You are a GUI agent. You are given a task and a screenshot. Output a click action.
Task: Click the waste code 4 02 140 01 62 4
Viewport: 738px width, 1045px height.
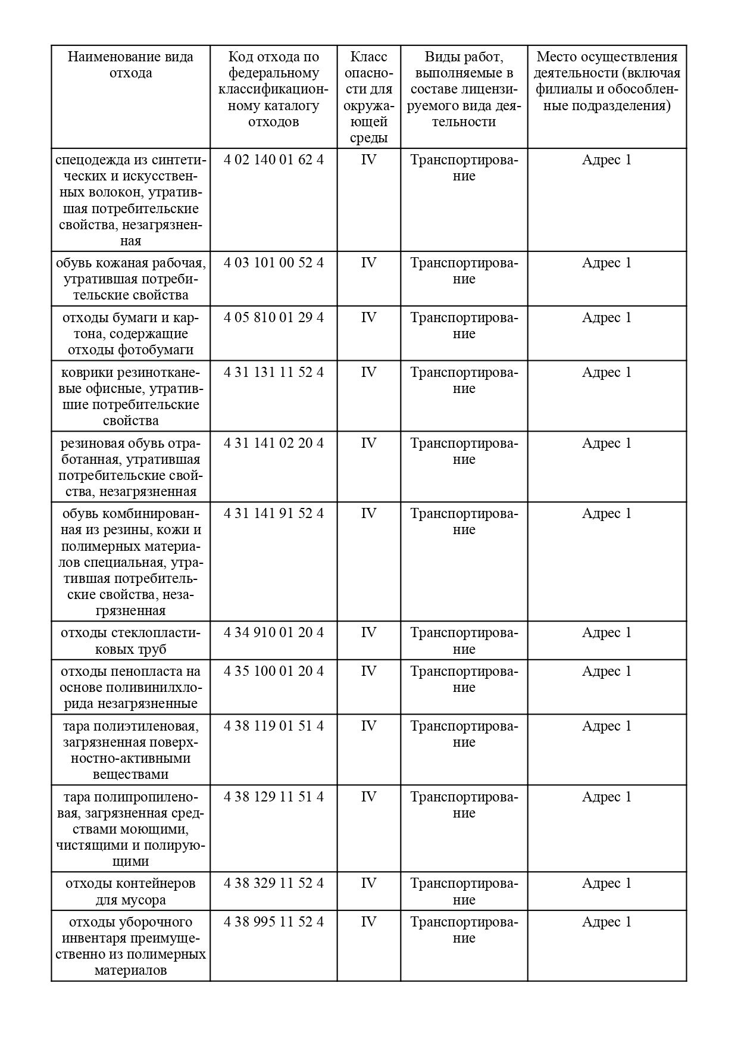274,160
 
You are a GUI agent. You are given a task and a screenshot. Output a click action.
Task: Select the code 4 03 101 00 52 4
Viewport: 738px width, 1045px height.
274,263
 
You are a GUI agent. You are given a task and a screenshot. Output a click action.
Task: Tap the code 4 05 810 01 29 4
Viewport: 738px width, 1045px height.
274,317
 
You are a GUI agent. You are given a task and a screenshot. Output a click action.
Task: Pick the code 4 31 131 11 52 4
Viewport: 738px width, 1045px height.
274,372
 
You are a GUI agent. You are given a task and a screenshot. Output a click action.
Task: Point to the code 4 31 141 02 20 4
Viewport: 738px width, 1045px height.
274,443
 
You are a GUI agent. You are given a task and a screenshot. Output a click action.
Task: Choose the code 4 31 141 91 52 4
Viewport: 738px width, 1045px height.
274,513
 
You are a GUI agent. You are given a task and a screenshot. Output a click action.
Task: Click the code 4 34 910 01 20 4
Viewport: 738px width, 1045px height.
274,632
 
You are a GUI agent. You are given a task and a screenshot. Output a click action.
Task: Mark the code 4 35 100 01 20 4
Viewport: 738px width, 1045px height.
274,671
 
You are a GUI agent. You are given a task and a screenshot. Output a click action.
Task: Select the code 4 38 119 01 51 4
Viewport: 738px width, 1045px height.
274,726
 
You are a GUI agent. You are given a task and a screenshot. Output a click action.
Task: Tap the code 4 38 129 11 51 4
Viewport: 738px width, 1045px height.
274,797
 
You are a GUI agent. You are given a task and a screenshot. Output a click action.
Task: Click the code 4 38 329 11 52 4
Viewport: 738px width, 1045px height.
274,883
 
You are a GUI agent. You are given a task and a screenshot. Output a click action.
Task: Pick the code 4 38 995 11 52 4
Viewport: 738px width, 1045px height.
274,922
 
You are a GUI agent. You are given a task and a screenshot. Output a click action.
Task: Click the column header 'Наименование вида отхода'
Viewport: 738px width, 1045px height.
130,65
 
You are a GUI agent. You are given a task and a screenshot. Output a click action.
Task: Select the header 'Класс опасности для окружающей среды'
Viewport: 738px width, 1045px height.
368,97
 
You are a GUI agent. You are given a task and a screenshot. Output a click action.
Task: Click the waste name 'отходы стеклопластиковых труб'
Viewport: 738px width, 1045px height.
130,641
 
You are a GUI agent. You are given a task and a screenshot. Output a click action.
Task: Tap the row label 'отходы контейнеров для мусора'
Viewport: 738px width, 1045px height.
130,891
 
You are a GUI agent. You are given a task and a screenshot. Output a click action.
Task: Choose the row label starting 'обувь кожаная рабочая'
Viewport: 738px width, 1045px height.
130,279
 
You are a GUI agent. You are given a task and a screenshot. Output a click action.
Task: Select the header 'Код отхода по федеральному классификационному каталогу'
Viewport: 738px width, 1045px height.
274,89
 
